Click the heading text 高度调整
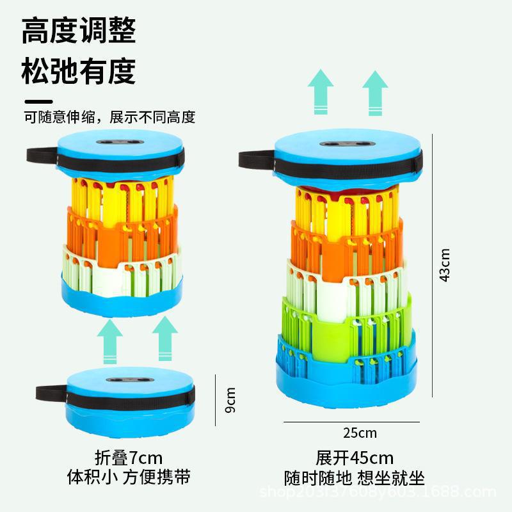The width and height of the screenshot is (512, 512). coord(79,31)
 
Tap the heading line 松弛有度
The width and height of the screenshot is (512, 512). coord(79,71)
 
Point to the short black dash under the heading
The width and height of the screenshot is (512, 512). coord(38,101)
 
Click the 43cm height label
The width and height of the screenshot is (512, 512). coord(445,264)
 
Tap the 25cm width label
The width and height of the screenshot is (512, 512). coord(360,433)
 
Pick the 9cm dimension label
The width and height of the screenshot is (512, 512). coord(231,400)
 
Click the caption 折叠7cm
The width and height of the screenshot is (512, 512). coord(128,458)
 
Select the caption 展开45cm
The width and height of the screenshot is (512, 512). coord(354,458)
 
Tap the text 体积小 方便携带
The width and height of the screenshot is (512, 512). coord(128,477)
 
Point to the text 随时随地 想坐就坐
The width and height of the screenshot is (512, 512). coord(354,477)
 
